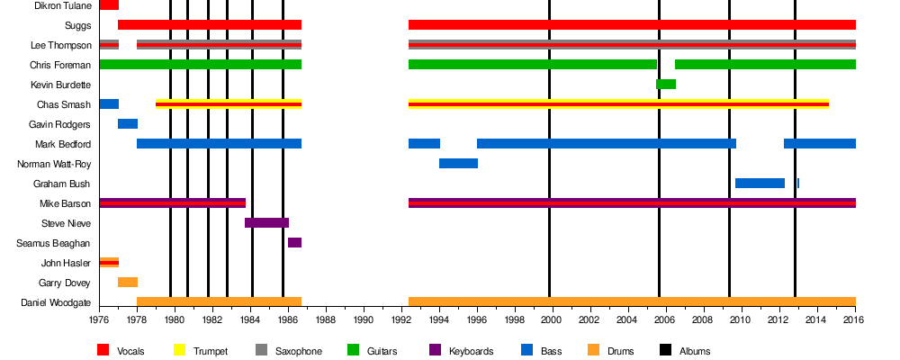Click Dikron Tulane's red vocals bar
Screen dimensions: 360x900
pos(109,5)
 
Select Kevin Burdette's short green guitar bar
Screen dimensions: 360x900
pos(666,85)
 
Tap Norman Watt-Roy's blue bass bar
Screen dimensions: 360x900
pos(458,164)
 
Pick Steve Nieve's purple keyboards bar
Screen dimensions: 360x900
pos(266,223)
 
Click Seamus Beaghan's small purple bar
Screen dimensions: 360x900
pos(294,243)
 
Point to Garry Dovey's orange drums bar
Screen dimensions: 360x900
pos(128,283)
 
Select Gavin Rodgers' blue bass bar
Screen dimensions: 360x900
pos(128,124)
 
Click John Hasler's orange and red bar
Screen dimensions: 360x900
pos(109,263)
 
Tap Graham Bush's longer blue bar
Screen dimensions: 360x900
pos(760,184)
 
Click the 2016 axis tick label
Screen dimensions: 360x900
pos(855,319)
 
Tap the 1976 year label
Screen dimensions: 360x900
pos(99,319)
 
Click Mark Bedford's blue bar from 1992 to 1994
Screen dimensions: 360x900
pos(424,144)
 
